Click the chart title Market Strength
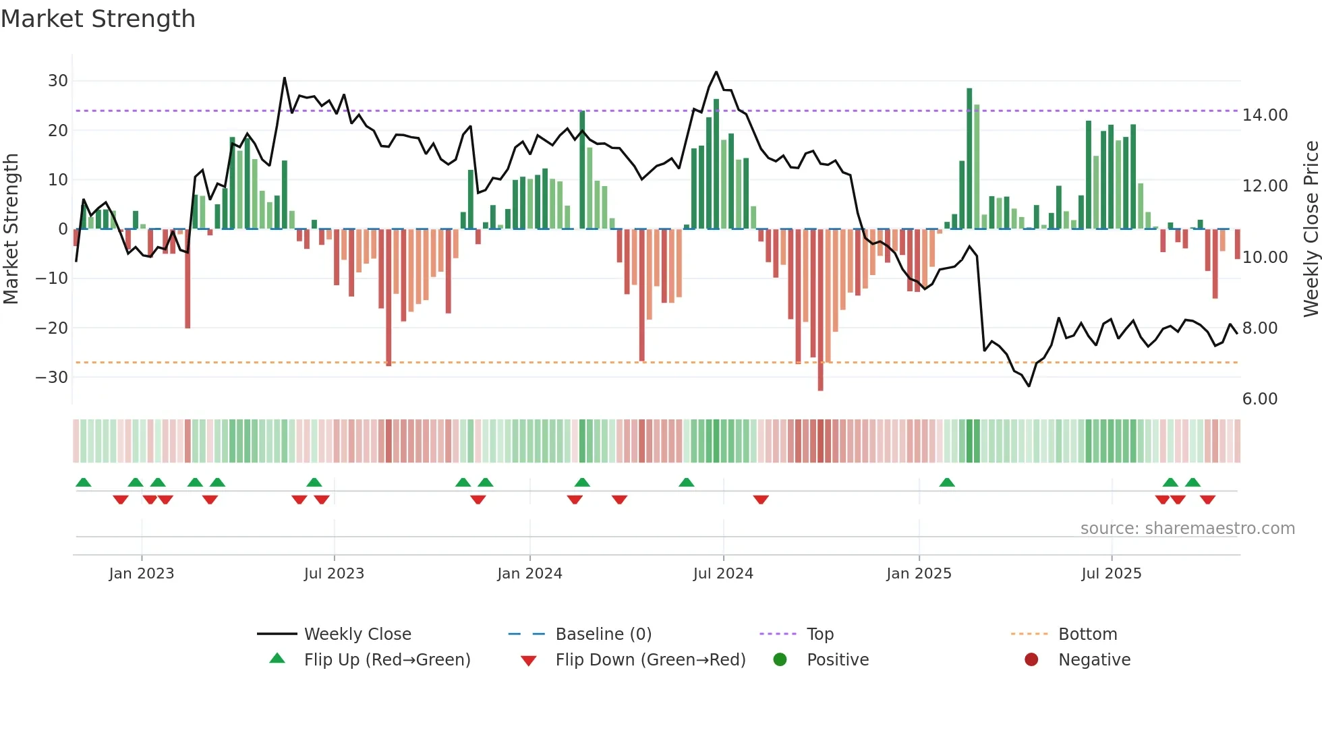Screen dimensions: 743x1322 pyautogui.click(x=98, y=19)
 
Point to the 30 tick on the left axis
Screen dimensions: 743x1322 pyautogui.click(x=58, y=81)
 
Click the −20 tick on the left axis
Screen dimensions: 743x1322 pyautogui.click(x=52, y=328)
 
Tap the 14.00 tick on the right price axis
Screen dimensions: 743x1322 pyautogui.click(x=1265, y=115)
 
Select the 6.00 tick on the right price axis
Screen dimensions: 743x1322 pyautogui.click(x=1259, y=399)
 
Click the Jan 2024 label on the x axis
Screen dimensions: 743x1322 pyautogui.click(x=529, y=574)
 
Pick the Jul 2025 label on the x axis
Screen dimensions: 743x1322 pyautogui.click(x=1111, y=574)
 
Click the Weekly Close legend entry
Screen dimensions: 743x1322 pyautogui.click(x=357, y=634)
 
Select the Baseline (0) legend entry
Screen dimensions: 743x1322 pyautogui.click(x=603, y=634)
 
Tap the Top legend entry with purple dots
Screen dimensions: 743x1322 pyautogui.click(x=820, y=634)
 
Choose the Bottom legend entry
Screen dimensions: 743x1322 pyautogui.click(x=1087, y=634)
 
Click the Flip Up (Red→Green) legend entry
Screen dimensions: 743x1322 pyautogui.click(x=386, y=660)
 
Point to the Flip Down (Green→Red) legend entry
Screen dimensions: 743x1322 pyautogui.click(x=650, y=660)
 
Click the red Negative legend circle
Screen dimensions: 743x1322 pyautogui.click(x=1031, y=660)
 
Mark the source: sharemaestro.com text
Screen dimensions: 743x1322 pyautogui.click(x=1187, y=529)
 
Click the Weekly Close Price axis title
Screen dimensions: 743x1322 pyautogui.click(x=1311, y=229)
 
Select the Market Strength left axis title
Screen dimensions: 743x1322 pyautogui.click(x=11, y=229)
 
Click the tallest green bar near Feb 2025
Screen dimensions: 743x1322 pyautogui.click(x=969, y=158)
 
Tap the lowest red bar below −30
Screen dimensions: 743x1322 pyautogui.click(x=820, y=310)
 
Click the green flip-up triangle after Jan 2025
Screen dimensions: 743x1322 pyautogui.click(x=947, y=483)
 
